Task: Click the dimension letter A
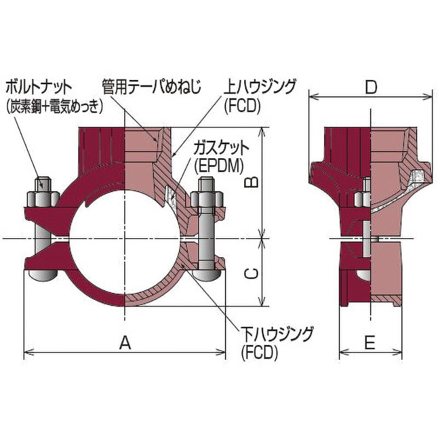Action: click(x=125, y=343)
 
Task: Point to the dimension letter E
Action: click(x=370, y=343)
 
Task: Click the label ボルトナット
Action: click(x=37, y=86)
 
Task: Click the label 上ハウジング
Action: click(x=259, y=86)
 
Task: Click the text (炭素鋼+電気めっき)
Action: click(x=54, y=106)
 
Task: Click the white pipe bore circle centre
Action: click(x=125, y=239)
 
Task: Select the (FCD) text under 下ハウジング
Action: click(x=258, y=353)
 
